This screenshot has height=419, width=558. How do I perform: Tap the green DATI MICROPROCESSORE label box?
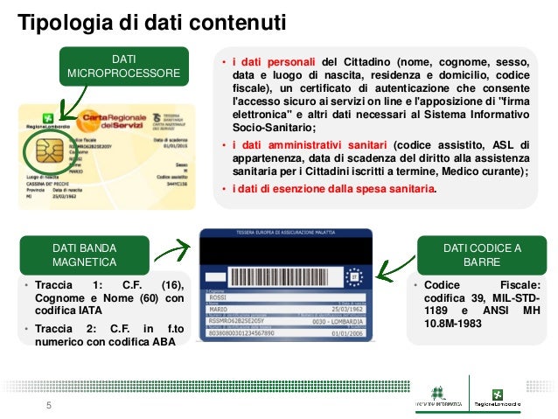tap(123, 66)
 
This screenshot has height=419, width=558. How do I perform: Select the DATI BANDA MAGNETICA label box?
tap(83, 255)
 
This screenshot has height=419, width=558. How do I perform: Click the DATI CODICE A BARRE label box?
tap(483, 255)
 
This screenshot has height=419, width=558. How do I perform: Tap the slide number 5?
tap(49, 405)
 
